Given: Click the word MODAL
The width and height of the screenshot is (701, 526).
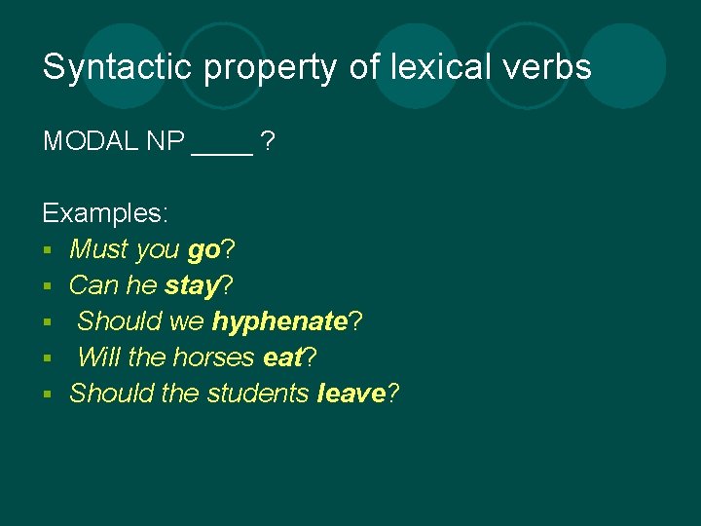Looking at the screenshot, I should [x=91, y=141].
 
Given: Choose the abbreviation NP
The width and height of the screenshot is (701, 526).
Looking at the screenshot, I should [x=166, y=141].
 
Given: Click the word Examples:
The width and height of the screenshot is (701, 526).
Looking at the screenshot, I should [x=105, y=213].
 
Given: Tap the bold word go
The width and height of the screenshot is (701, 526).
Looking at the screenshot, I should [x=203, y=251].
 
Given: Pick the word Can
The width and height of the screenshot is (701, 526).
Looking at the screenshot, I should [x=93, y=285].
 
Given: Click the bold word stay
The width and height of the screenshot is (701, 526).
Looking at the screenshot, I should [x=191, y=286].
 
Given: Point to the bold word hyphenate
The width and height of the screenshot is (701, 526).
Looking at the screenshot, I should [x=280, y=321].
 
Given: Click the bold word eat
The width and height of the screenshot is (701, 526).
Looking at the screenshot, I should [x=283, y=357].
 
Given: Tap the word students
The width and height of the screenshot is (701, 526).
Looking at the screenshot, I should [x=258, y=394].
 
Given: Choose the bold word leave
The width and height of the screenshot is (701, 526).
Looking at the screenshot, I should [x=351, y=394].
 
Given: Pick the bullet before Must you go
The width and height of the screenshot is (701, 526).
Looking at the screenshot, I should [x=49, y=251].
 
